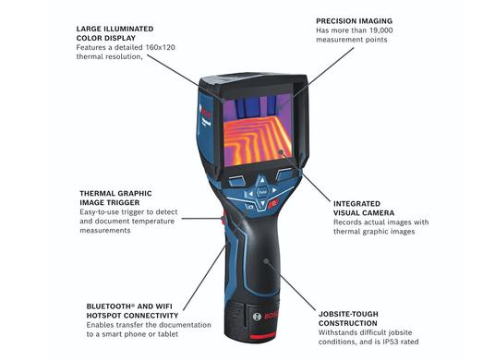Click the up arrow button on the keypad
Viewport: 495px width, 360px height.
click(x=261, y=181)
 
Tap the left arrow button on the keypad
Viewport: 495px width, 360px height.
click(x=250, y=193)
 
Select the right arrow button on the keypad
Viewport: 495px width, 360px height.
click(x=274, y=190)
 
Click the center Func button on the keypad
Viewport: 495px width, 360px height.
click(x=262, y=191)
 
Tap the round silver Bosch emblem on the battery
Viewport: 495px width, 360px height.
click(x=257, y=316)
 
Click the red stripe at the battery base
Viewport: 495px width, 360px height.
click(x=263, y=337)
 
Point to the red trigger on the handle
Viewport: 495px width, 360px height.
click(x=223, y=218)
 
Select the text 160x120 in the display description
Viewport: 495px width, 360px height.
click(x=160, y=47)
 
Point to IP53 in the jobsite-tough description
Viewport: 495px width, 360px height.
click(x=391, y=342)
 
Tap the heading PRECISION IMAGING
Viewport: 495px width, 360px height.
click(x=355, y=21)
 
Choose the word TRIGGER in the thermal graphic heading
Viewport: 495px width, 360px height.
click(x=125, y=202)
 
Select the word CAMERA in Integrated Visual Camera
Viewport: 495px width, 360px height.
click(x=379, y=213)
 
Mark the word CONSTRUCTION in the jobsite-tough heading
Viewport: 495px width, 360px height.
click(x=348, y=323)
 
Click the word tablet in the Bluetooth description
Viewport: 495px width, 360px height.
click(x=168, y=334)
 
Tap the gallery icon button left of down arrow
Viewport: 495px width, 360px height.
click(x=249, y=207)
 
